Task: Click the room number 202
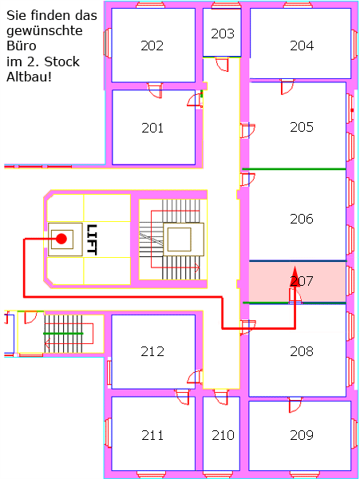pyautogui.click(x=152, y=46)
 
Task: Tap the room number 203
pyautogui.click(x=223, y=34)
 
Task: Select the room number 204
pyautogui.click(x=302, y=46)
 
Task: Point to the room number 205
pyautogui.click(x=302, y=127)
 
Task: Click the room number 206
pyautogui.click(x=302, y=219)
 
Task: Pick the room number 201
pyautogui.click(x=152, y=128)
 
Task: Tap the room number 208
pyautogui.click(x=302, y=351)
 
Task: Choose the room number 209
pyautogui.click(x=302, y=435)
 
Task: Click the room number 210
pyautogui.click(x=223, y=435)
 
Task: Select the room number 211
pyautogui.click(x=152, y=435)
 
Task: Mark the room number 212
pyautogui.click(x=152, y=351)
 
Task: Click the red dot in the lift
pyautogui.click(x=61, y=239)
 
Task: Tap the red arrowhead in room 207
pyautogui.click(x=295, y=276)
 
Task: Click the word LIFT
pyautogui.click(x=92, y=239)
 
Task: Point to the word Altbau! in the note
pyautogui.click(x=29, y=77)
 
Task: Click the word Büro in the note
pyautogui.click(x=22, y=46)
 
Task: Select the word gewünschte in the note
pyautogui.click(x=45, y=31)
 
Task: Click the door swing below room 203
pyautogui.click(x=222, y=65)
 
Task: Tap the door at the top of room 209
pyautogui.click(x=295, y=405)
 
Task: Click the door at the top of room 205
pyautogui.click(x=287, y=87)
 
